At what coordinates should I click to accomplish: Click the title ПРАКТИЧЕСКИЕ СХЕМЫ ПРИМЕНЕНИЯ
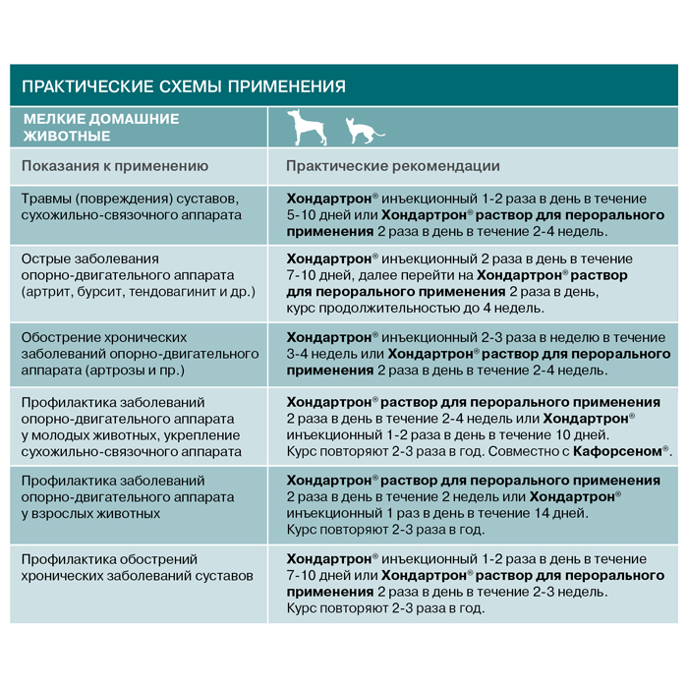(184, 86)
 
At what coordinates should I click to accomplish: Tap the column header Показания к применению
(115, 166)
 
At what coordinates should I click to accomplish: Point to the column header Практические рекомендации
(393, 166)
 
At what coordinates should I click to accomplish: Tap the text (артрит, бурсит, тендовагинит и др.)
(139, 293)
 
